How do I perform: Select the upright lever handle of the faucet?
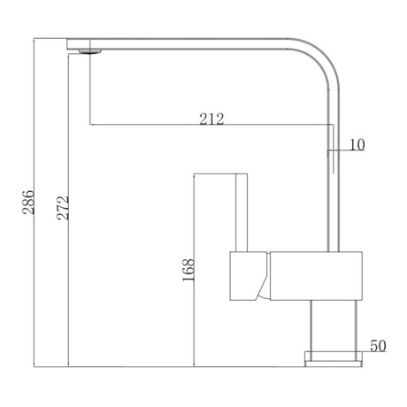point(239,212)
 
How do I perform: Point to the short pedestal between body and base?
point(334,326)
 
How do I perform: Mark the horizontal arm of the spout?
point(195,41)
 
